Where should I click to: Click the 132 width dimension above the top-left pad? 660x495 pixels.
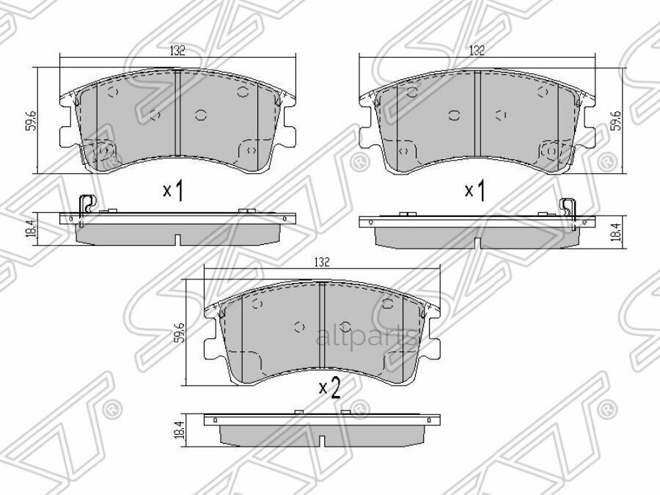coord(177,51)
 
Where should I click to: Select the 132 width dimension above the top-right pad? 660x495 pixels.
coord(477,51)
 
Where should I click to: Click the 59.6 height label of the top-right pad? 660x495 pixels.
coord(617,120)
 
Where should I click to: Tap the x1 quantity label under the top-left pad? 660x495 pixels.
coord(172,191)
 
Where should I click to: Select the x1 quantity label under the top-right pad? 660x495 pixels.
coord(475,191)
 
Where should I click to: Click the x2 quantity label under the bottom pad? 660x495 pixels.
coord(329,388)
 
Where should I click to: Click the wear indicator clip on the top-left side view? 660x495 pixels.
coord(86,205)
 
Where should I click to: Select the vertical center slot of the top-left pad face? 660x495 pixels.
coord(177,114)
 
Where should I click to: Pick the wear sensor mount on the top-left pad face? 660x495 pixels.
coord(103,150)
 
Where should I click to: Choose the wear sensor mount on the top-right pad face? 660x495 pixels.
coord(550,150)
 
